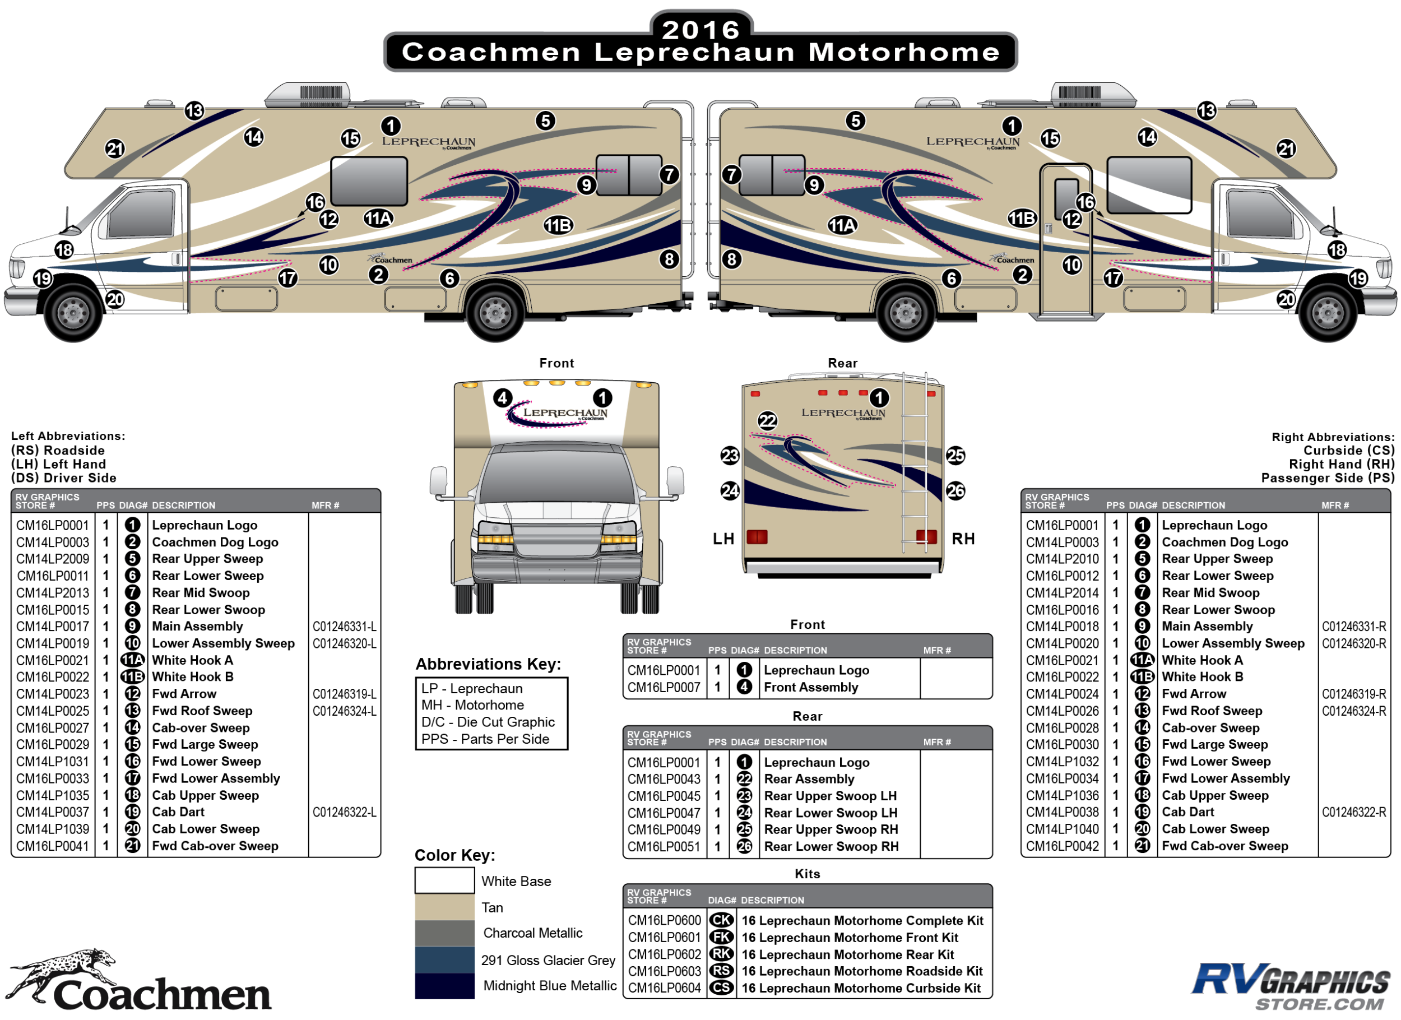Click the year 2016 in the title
click(x=700, y=29)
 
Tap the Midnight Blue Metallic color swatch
click(x=444, y=985)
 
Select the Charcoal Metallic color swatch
click(x=444, y=933)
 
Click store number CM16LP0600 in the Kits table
click(x=664, y=921)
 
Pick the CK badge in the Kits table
click(x=721, y=921)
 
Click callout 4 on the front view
click(x=502, y=398)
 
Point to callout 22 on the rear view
click(x=767, y=421)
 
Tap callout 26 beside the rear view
click(x=955, y=491)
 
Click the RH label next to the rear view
click(x=962, y=539)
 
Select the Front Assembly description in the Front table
click(x=810, y=687)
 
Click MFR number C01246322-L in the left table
click(x=344, y=812)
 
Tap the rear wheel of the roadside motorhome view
click(x=495, y=313)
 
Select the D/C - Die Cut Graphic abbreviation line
click(x=488, y=722)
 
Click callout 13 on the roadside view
click(x=194, y=111)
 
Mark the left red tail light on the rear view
click(x=757, y=536)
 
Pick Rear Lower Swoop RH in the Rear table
click(x=831, y=846)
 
